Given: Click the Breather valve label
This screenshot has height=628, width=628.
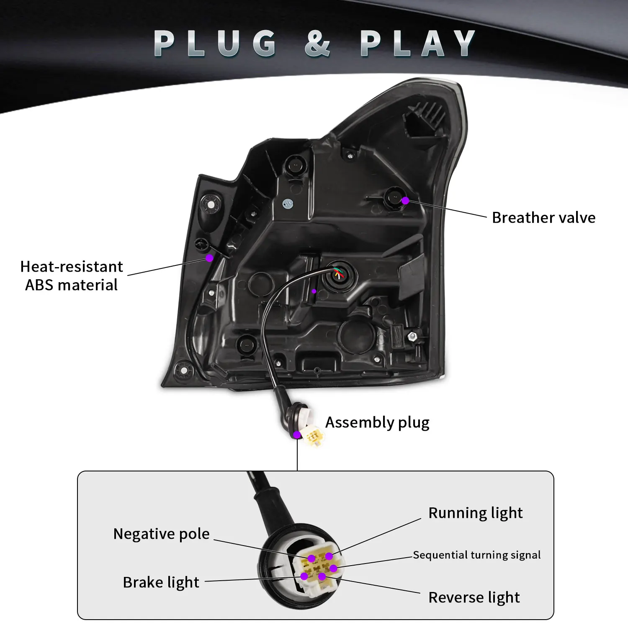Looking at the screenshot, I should (543, 218).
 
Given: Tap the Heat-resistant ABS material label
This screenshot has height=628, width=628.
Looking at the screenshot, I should (72, 275).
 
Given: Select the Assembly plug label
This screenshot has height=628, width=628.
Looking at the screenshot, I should (377, 422).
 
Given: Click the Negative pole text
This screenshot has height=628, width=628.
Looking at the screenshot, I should (161, 534).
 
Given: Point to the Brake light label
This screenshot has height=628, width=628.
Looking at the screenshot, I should (161, 582).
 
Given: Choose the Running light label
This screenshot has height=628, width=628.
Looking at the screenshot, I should (475, 513).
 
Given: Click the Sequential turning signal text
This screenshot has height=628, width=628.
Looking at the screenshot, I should (476, 555).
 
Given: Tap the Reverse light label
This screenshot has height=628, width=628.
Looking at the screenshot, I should (474, 597).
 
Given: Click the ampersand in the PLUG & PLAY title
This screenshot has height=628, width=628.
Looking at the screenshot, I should (317, 43).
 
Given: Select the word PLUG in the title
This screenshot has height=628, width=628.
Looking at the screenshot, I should (215, 43).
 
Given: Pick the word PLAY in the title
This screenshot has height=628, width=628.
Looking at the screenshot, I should (417, 43).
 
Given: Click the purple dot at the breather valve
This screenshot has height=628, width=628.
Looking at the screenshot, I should (405, 201).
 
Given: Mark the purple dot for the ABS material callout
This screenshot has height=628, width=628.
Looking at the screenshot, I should (209, 258).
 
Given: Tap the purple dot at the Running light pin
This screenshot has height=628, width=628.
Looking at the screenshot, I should (329, 556).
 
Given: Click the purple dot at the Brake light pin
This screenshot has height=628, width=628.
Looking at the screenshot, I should (304, 577).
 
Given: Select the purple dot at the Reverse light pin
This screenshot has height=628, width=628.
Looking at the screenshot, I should (322, 577).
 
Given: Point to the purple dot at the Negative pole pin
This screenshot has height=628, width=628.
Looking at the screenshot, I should (311, 559).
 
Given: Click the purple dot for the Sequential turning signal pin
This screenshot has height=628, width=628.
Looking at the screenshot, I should (333, 568).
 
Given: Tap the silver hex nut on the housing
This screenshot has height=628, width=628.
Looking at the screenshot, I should (412, 336).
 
